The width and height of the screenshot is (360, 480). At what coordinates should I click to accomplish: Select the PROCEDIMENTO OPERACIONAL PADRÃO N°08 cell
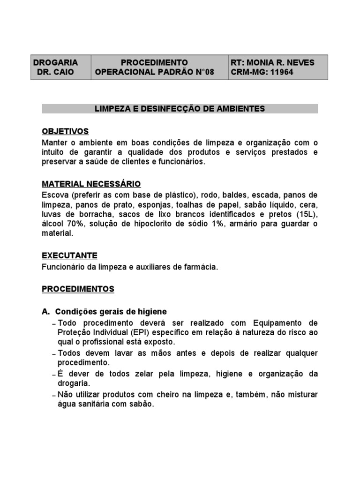click(154, 67)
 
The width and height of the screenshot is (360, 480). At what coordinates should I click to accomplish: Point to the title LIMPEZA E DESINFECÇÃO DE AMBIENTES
click(180, 109)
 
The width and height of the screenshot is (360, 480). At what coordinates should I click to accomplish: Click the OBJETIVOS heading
click(65, 131)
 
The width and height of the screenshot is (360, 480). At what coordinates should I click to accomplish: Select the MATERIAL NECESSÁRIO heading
click(91, 184)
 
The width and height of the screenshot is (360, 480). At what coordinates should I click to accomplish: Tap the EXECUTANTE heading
click(69, 255)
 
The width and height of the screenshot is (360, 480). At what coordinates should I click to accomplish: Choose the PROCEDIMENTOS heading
click(78, 289)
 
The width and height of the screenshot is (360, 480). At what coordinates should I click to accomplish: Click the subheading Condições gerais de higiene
click(111, 312)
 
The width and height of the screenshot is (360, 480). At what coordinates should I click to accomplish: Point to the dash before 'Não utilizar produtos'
click(54, 396)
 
